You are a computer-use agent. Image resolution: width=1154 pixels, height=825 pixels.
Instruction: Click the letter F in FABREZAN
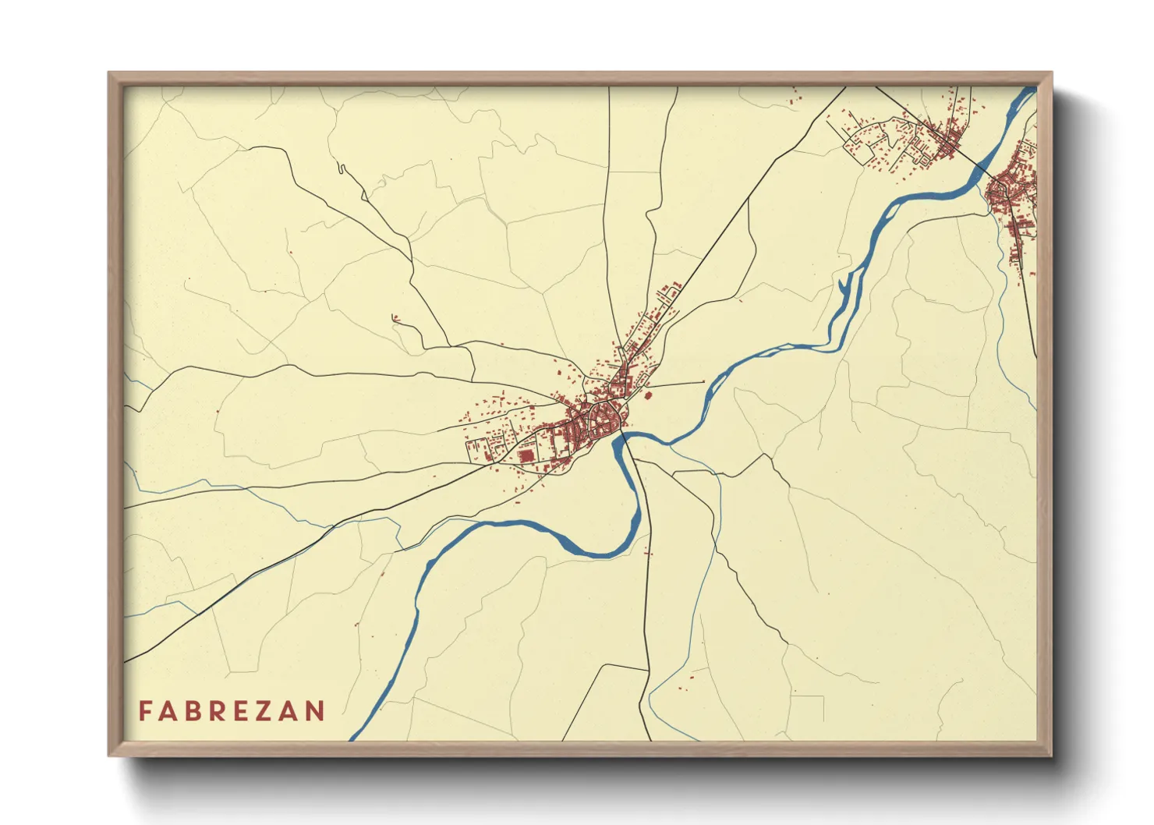coord(145,711)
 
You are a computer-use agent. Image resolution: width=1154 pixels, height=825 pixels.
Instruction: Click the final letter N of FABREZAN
coord(315,711)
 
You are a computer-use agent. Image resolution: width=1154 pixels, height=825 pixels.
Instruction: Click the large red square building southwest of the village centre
coord(527,455)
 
